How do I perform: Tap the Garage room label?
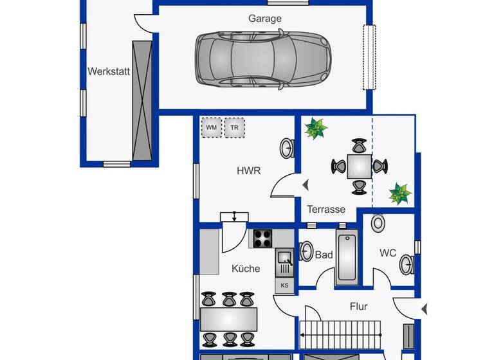(x=265, y=19)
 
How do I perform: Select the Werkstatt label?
(x=109, y=72)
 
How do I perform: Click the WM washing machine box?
(x=211, y=128)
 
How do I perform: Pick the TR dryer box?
(x=234, y=128)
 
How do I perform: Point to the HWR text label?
(x=248, y=171)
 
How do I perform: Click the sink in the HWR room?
(x=287, y=148)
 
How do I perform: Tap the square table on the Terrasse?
(x=359, y=166)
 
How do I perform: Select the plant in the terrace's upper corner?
(x=316, y=128)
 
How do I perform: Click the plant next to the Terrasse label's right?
(x=399, y=193)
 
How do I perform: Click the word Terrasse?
(x=326, y=209)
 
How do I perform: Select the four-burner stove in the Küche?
(x=262, y=239)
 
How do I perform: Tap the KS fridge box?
(x=284, y=285)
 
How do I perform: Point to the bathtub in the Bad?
(x=346, y=258)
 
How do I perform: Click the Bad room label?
(x=324, y=255)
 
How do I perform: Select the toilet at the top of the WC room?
(x=378, y=224)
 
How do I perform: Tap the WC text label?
(x=388, y=253)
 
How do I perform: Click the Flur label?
(x=358, y=307)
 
